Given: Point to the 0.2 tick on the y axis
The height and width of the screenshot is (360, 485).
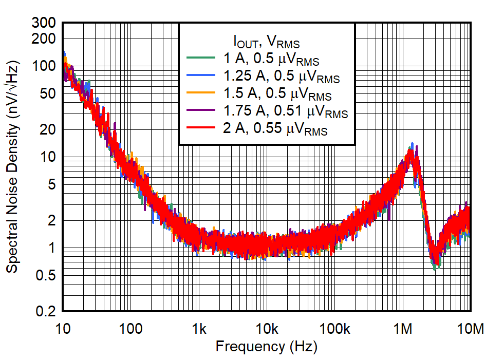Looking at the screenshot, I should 47,311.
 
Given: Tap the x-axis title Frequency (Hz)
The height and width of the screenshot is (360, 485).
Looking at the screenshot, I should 266,346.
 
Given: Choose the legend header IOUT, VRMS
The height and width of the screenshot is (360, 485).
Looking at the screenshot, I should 266,41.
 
